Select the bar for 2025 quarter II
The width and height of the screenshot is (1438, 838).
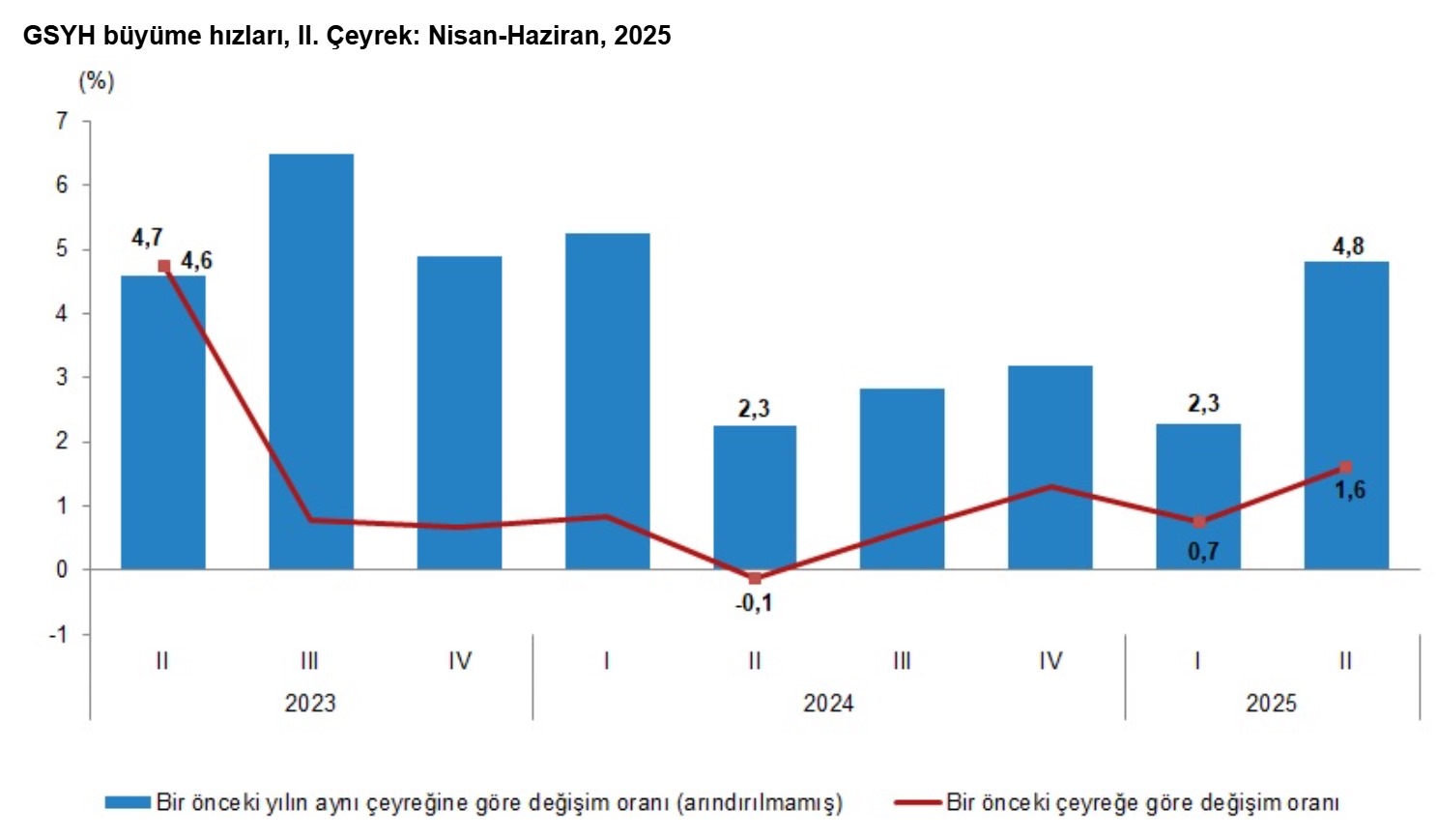tap(1345, 415)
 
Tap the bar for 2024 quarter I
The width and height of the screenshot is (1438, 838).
tap(607, 400)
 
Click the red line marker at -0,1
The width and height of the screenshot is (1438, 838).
tap(755, 578)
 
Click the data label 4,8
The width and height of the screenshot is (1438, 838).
tap(1348, 246)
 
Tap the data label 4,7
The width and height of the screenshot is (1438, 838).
tap(147, 237)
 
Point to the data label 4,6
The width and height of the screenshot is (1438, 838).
tap(196, 260)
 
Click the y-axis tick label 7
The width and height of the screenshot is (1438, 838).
tap(63, 121)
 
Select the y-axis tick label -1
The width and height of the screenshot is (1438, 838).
tap(59, 634)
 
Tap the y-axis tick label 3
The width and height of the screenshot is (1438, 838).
tap(63, 377)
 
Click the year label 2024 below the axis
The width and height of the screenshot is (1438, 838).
tap(828, 703)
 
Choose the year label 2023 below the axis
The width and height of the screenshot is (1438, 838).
tap(310, 703)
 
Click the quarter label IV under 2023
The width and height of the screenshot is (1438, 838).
tap(460, 661)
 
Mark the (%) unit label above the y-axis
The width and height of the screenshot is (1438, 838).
tap(96, 80)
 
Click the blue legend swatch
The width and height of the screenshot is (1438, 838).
tap(128, 802)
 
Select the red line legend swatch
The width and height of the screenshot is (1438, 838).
tap(917, 802)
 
